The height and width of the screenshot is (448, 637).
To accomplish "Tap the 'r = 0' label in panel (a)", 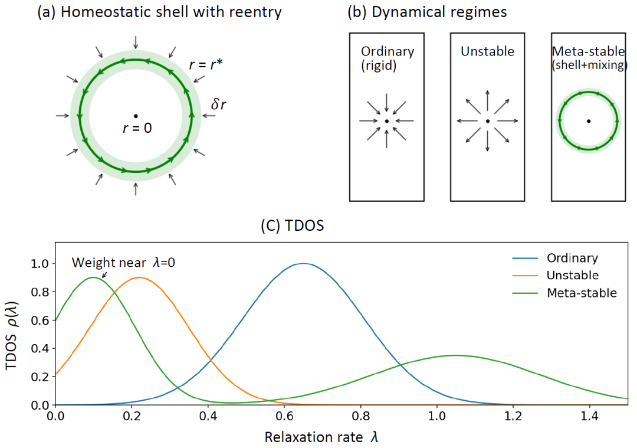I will pos(137,127).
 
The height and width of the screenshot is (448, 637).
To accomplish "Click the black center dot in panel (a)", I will pos(136,116).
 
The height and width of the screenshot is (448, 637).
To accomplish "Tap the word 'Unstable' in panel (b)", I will pos(487,51).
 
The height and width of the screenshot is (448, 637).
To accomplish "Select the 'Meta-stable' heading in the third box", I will pos(589,51).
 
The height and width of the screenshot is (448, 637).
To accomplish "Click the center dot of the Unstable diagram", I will pos(487,121).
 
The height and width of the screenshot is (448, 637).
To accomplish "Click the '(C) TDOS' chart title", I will pos(293,226).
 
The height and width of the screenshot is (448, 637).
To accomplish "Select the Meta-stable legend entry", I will pos(581,293).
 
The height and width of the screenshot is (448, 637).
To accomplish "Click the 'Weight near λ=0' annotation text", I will pos(124,261).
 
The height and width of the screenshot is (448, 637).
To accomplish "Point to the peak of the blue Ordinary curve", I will pos(303,263).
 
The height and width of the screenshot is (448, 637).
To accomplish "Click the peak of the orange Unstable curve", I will pos(139,277).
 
